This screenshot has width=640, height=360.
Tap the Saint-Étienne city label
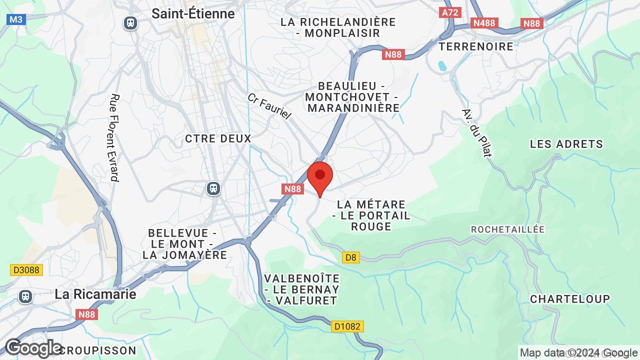193,13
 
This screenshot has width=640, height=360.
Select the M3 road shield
16,19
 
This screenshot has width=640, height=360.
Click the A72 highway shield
450,12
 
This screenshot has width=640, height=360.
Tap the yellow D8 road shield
351,257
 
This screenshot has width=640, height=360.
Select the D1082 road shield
347,326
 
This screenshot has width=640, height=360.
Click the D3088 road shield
26,270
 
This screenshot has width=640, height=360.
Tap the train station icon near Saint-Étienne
130,23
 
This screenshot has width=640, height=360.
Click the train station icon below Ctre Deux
213,188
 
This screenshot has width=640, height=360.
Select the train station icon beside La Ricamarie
25,296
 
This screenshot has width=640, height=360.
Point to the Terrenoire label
476,46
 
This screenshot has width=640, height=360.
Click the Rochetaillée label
507,229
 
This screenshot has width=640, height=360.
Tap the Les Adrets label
566,144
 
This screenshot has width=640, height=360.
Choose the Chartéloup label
570,299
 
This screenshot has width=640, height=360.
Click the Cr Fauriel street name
269,106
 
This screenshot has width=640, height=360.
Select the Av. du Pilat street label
477,132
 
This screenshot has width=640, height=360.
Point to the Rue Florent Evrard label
114,137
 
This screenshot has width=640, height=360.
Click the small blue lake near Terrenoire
441,65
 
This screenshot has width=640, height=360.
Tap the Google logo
33,348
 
